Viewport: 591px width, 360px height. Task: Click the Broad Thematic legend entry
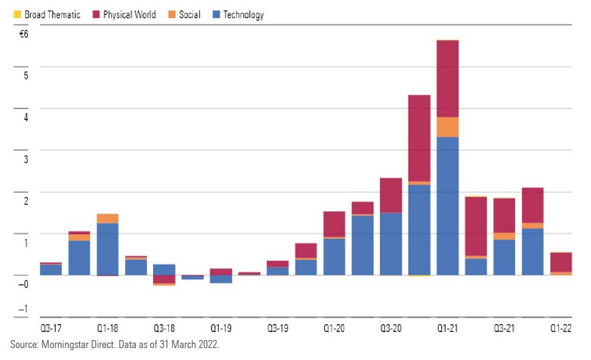pos(47,14)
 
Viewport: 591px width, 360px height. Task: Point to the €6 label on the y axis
pos(23,33)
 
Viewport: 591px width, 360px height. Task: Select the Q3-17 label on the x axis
pos(51,329)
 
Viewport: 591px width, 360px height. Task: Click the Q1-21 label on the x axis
pos(447,329)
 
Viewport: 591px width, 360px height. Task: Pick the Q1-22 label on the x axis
pos(560,329)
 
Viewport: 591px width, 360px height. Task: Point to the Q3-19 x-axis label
pos(278,329)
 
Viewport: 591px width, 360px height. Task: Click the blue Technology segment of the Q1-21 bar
pos(447,206)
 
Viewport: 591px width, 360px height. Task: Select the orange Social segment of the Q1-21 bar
pos(447,127)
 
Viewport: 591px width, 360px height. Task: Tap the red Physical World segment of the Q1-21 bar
pos(447,79)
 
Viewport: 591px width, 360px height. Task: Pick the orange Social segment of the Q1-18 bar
pos(108,218)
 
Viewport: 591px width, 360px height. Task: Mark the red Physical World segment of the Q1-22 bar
pos(560,262)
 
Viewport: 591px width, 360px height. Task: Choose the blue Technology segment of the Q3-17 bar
pos(51,270)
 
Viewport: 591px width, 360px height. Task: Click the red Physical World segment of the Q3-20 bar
pos(391,196)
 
